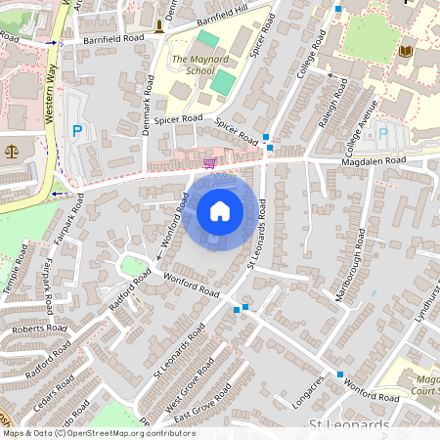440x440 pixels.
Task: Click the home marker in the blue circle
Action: (220, 211)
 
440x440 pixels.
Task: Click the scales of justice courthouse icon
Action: (12, 151)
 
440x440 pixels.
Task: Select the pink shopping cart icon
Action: (208, 162)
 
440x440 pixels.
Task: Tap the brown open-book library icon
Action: (405, 51)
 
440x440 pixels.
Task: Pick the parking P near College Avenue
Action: (383, 132)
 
